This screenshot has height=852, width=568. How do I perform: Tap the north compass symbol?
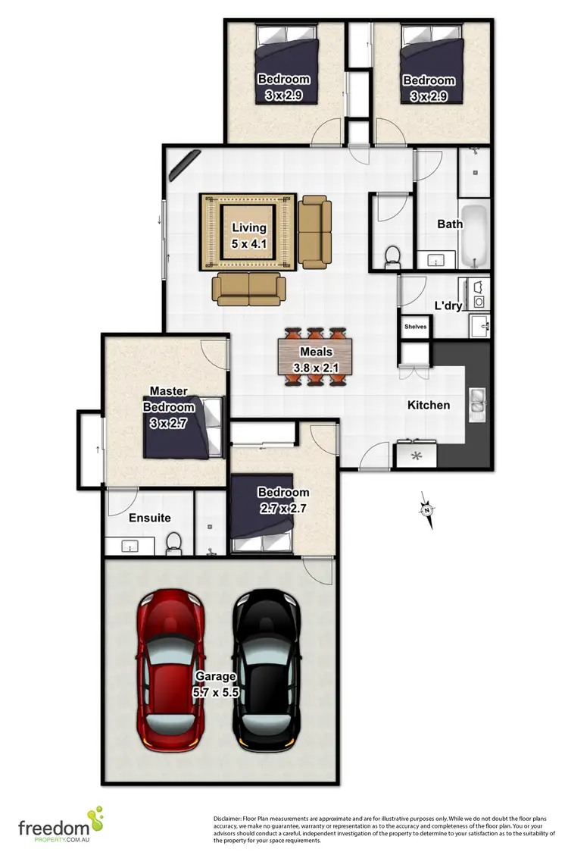click(x=427, y=509)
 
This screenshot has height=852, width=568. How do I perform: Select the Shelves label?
click(x=415, y=327)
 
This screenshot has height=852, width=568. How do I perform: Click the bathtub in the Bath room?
click(x=475, y=235)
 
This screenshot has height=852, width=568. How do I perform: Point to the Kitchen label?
click(x=429, y=405)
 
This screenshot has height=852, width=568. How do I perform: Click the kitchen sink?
click(x=477, y=405)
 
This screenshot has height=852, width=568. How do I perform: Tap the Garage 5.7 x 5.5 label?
click(x=216, y=683)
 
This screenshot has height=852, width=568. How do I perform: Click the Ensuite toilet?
click(x=173, y=542)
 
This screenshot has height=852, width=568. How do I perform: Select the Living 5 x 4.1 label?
click(x=249, y=234)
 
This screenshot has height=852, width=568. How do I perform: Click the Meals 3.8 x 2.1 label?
click(x=315, y=360)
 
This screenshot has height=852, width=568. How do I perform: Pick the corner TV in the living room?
click(x=185, y=164)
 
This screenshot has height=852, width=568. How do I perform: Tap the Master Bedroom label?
click(x=169, y=399)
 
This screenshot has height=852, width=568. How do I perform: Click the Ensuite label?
click(x=149, y=518)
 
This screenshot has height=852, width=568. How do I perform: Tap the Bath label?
click(x=450, y=224)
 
